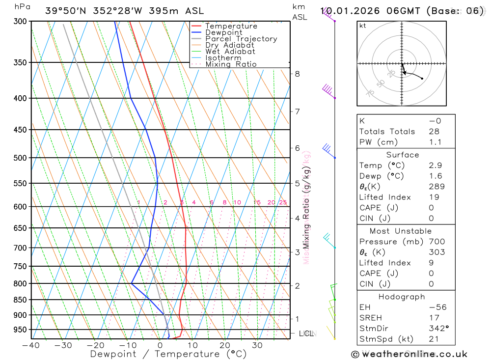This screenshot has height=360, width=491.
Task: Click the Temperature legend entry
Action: (231, 26)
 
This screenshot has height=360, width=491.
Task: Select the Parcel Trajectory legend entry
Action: (241, 39)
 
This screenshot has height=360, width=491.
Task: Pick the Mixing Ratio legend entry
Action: (231, 64)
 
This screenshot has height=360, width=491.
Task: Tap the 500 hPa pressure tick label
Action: (20, 158)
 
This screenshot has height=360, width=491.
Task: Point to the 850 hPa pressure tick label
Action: (20, 300)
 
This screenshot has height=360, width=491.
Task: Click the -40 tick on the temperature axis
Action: (31, 346)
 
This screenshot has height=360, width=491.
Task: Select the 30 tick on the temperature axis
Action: (257, 346)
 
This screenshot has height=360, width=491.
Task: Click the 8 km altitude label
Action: (297, 74)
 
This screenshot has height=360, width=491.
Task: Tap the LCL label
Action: (306, 333)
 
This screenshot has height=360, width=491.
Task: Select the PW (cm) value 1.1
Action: (435, 142)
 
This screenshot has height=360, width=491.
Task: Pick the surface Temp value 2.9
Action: (435, 166)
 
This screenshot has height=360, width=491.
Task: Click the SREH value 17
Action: (434, 318)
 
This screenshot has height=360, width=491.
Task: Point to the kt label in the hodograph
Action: (363, 26)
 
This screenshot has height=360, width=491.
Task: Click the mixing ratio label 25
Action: (283, 202)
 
